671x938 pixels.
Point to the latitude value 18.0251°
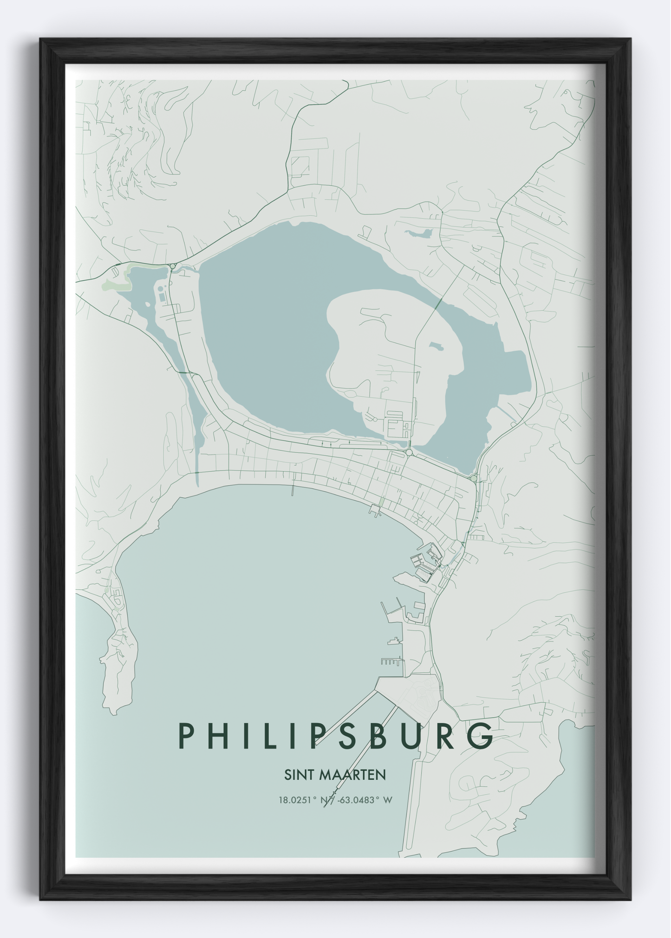coord(297,800)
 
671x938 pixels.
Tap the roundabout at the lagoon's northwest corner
coord(173,266)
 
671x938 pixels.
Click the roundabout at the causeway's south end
coord(409,452)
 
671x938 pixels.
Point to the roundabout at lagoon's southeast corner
coord(473,478)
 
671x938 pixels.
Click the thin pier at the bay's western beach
coord(293,490)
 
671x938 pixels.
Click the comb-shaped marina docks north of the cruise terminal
coord(391,662)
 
